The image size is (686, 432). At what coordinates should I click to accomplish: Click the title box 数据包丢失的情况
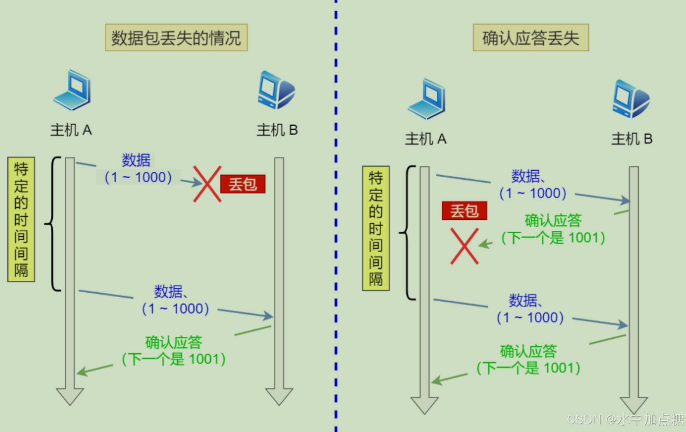tap(176, 38)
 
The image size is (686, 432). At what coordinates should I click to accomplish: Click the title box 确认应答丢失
tap(531, 38)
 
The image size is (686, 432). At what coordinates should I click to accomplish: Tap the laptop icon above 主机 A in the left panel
tap(73, 90)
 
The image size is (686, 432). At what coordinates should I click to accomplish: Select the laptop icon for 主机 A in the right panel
tap(427, 99)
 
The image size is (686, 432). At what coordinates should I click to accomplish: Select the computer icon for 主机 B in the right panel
tap(631, 99)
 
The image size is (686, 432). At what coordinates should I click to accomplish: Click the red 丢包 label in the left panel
tap(242, 184)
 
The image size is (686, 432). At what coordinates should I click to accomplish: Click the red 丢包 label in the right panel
tap(464, 211)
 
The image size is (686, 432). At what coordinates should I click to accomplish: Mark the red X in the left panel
tap(207, 184)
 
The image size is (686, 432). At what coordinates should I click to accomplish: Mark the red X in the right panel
tap(464, 246)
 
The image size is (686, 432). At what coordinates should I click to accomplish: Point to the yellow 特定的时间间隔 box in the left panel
tap(21, 219)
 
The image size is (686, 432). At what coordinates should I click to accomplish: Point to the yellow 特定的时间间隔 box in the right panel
tap(376, 228)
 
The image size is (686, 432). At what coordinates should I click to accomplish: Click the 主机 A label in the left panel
tap(71, 130)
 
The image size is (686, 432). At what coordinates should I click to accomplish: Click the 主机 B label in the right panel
tap(632, 139)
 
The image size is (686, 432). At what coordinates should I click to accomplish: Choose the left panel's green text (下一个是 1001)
tap(174, 359)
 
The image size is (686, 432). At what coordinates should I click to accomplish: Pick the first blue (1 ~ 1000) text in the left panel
tap(138, 177)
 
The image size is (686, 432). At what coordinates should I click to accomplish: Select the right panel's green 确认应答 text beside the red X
tap(553, 221)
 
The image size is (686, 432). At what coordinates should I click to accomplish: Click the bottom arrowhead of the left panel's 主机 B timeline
tap(279, 397)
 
